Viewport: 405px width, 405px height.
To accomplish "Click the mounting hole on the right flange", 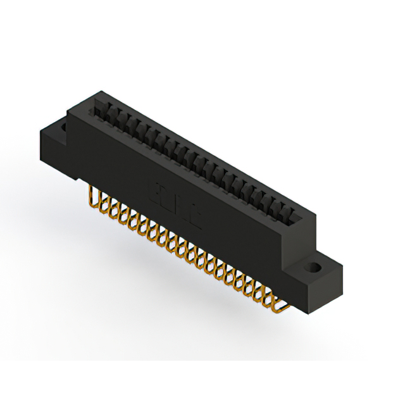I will (x=312, y=268).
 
